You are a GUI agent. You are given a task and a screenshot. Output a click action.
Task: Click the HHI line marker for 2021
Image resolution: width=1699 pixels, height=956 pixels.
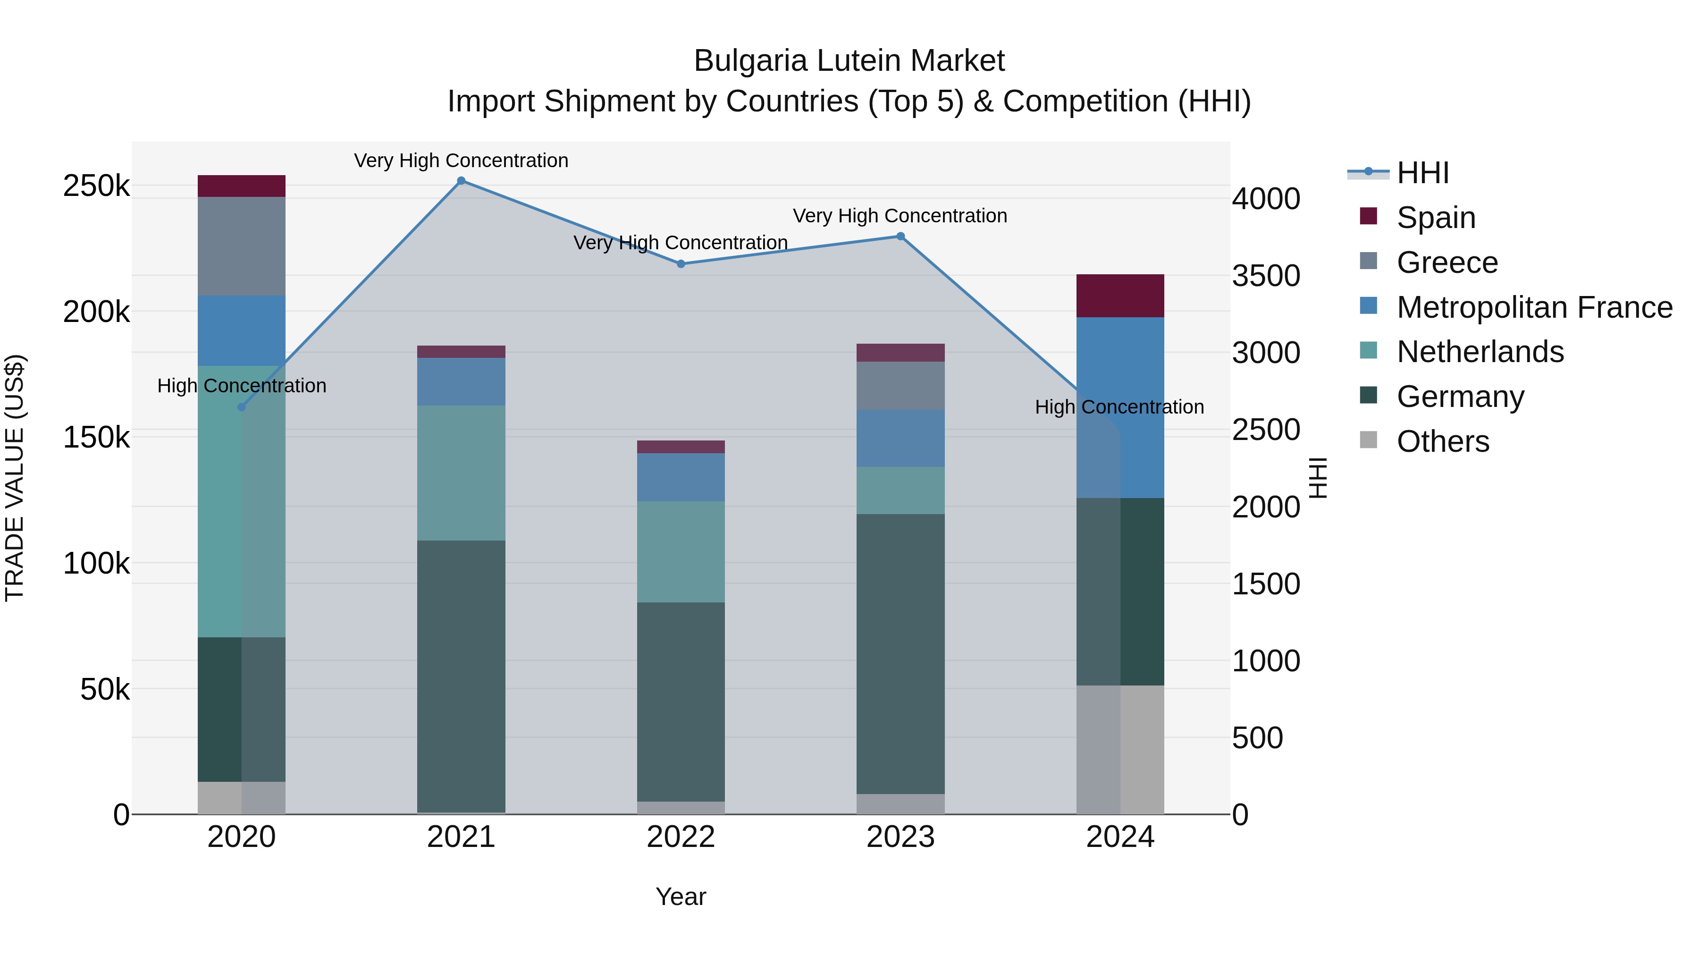pyautogui.click(x=461, y=181)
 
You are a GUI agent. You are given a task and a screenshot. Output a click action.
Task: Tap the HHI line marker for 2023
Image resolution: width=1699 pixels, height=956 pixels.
pyautogui.click(x=900, y=236)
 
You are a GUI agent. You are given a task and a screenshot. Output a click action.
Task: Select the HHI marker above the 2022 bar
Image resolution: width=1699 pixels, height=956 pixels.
pyautogui.click(x=681, y=264)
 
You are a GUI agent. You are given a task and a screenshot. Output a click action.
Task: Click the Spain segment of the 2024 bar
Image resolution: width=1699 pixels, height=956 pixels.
pyautogui.click(x=1120, y=296)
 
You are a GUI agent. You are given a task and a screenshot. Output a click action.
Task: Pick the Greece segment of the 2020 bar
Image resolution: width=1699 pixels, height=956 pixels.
pyautogui.click(x=241, y=246)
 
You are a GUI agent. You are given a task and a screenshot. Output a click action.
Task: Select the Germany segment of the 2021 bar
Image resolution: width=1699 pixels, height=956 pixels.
pyautogui.click(x=461, y=676)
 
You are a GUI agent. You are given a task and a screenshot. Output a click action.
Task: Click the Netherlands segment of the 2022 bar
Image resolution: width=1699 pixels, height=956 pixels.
pyautogui.click(x=681, y=551)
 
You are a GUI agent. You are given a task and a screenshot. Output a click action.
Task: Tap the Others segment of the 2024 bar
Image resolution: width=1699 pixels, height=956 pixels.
pyautogui.click(x=1120, y=750)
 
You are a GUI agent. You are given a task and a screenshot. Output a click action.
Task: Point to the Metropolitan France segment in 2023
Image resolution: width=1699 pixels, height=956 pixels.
pyautogui.click(x=900, y=438)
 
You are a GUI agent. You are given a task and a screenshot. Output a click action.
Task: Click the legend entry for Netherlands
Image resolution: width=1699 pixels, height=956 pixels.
pyautogui.click(x=1480, y=352)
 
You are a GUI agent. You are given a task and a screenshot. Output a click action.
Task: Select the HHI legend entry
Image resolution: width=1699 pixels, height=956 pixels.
pyautogui.click(x=1422, y=173)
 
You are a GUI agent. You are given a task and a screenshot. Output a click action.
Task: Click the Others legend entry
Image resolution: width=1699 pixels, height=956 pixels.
pyautogui.click(x=1442, y=441)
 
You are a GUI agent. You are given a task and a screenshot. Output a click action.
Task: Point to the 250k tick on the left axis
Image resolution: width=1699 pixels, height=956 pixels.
pyautogui.click(x=96, y=186)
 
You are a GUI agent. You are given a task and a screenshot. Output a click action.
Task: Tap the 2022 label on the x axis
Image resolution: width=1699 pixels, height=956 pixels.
pyautogui.click(x=681, y=837)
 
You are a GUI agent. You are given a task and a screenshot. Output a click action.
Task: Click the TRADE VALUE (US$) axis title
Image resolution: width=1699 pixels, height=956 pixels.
pyautogui.click(x=15, y=478)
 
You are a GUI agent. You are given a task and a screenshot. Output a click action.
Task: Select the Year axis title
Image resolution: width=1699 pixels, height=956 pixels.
pyautogui.click(x=681, y=897)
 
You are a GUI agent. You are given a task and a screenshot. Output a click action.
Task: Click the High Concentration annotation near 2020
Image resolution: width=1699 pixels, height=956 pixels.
pyautogui.click(x=241, y=386)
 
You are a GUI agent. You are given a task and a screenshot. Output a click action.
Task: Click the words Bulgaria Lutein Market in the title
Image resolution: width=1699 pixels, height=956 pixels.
pyautogui.click(x=849, y=61)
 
